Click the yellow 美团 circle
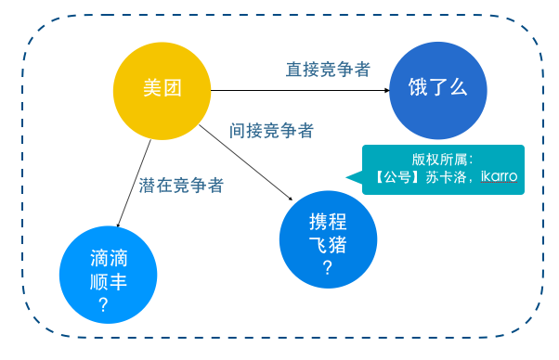(162, 89)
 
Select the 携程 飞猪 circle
(327, 238)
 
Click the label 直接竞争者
(328, 69)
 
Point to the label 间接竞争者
(270, 130)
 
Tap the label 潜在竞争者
(181, 184)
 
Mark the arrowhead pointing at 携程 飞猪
(291, 196)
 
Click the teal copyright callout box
(444, 169)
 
